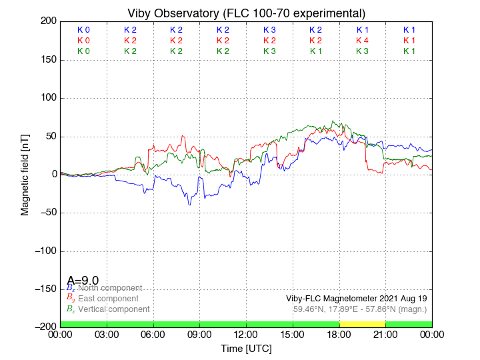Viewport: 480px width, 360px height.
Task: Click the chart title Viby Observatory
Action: click(x=246, y=13)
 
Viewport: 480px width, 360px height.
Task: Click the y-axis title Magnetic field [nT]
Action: click(x=25, y=173)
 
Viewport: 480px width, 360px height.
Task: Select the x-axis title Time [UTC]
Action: click(x=246, y=349)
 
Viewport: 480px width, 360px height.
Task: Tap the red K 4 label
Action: click(x=362, y=41)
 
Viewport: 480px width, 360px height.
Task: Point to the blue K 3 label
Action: click(x=269, y=30)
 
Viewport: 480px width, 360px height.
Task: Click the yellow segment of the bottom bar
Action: click(x=362, y=323)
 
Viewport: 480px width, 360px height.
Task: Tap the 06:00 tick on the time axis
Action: click(x=153, y=335)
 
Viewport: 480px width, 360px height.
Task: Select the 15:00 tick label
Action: click(x=293, y=335)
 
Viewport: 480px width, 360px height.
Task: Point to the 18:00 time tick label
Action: click(x=339, y=335)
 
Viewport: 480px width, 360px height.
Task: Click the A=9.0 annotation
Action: click(x=83, y=281)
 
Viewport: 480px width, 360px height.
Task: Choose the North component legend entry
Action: click(x=109, y=288)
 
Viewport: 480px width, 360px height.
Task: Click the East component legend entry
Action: click(x=108, y=299)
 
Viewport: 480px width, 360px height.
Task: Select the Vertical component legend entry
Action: click(x=113, y=309)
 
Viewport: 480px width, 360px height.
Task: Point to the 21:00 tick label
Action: click(x=385, y=335)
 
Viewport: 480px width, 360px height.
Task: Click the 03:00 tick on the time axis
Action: click(x=107, y=335)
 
